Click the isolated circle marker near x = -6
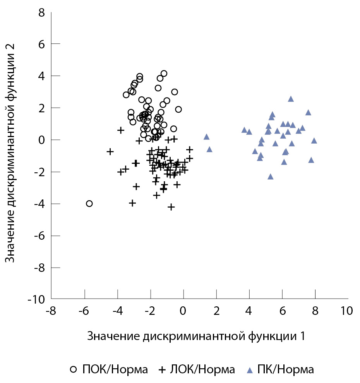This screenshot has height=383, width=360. [89, 203]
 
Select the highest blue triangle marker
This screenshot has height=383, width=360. [291, 99]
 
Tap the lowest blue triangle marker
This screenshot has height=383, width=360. [270, 177]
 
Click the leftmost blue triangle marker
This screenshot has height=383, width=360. [206, 137]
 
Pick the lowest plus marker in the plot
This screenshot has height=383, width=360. [171, 207]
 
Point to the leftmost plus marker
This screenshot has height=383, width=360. [110, 151]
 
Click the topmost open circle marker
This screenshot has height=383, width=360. [164, 74]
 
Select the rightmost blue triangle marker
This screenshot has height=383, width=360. [314, 141]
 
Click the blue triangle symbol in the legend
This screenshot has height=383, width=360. [250, 370]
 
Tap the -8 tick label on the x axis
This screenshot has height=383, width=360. [50, 311]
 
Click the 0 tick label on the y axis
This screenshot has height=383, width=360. [42, 140]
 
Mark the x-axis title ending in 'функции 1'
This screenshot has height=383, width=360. [197, 336]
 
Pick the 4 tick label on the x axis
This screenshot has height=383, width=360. [249, 311]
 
